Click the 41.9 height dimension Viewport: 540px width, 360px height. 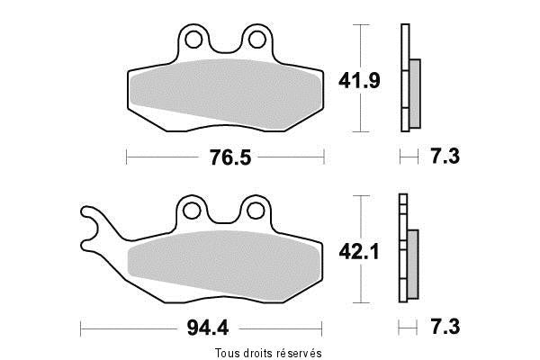[359, 81]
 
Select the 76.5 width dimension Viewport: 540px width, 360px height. [230, 157]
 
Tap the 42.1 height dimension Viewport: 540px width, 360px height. [359, 251]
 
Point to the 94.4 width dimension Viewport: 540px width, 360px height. [208, 328]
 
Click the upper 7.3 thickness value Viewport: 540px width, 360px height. [445, 156]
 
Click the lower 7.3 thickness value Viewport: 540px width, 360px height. [445, 326]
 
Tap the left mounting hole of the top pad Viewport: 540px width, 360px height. [193, 40]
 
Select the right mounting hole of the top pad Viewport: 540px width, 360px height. [256, 40]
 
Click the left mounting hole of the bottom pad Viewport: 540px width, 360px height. [192, 211]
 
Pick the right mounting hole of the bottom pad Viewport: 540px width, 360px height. [256, 211]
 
